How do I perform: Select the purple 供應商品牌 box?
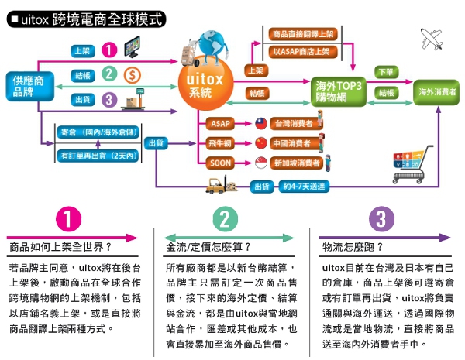click(x=29, y=87)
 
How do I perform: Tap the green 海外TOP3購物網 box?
click(x=336, y=91)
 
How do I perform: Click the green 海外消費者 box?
click(x=436, y=91)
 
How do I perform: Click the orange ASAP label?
click(x=219, y=123)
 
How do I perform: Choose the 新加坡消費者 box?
click(x=295, y=163)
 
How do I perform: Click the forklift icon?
click(x=218, y=185)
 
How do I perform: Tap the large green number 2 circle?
click(x=225, y=220)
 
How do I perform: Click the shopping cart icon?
click(x=408, y=166)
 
